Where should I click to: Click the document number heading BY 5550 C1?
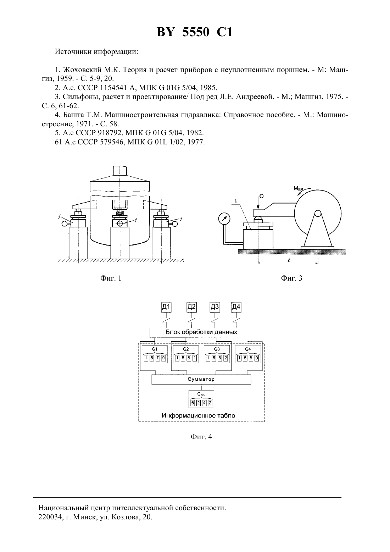(x=195, y=32)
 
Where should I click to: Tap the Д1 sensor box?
(x=166, y=307)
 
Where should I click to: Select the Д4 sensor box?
(x=236, y=307)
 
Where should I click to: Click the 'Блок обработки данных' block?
(x=201, y=332)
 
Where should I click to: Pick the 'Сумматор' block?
(x=201, y=379)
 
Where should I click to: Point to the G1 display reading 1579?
(x=155, y=354)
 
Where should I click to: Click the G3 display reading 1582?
(x=217, y=354)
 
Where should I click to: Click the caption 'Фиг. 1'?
(x=111, y=278)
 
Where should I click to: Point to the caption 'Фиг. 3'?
(x=291, y=278)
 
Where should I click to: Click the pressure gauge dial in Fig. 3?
(x=224, y=219)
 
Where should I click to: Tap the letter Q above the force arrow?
(x=262, y=197)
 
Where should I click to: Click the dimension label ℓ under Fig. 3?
(x=289, y=260)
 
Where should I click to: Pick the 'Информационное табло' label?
(x=199, y=415)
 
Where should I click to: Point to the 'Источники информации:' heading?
(x=96, y=52)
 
